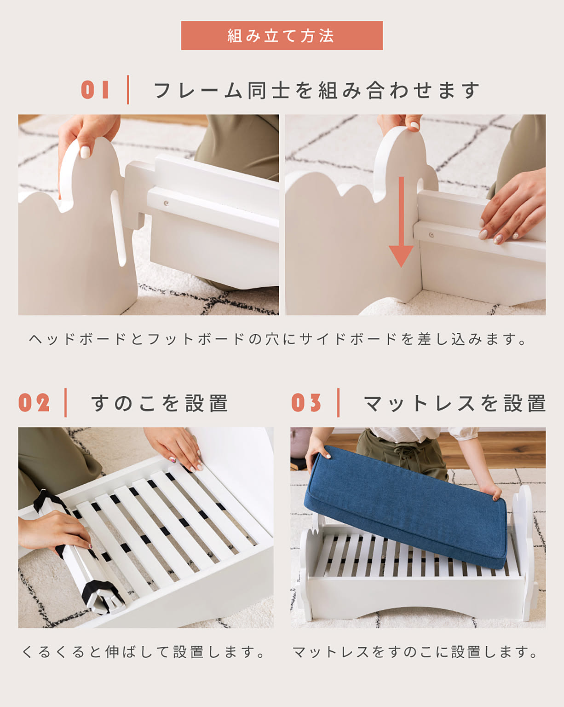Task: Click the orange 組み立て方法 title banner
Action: pyautogui.click(x=282, y=35)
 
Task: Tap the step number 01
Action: pyautogui.click(x=95, y=90)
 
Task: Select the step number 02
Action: pyautogui.click(x=34, y=403)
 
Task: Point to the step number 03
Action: pyautogui.click(x=306, y=403)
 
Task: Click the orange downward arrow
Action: pyautogui.click(x=401, y=222)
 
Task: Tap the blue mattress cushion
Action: pyautogui.click(x=407, y=506)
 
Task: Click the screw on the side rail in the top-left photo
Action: pyautogui.click(x=167, y=203)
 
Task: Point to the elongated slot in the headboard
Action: pyautogui.click(x=118, y=228)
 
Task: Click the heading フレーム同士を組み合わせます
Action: pyautogui.click(x=317, y=90)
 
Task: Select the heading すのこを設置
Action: pyautogui.click(x=160, y=403)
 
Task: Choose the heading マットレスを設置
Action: pyautogui.click(x=455, y=403)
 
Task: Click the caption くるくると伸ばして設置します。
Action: pyautogui.click(x=143, y=652)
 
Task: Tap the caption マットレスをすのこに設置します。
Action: pyautogui.click(x=415, y=652)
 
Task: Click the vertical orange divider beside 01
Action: pyautogui.click(x=128, y=90)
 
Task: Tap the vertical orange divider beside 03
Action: pyautogui.click(x=338, y=403)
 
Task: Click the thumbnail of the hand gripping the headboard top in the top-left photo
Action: pyautogui.click(x=85, y=152)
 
